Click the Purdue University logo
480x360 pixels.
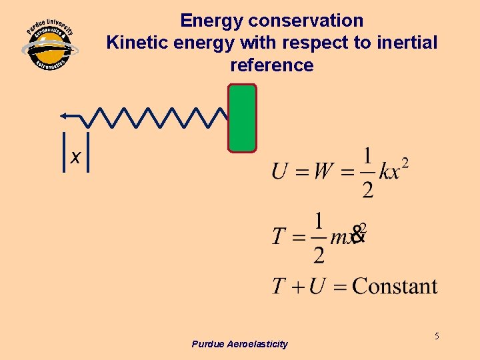(50, 47)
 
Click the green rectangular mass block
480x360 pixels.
(242, 119)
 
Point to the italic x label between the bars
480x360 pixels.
(75, 157)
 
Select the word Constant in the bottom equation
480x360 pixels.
(395, 287)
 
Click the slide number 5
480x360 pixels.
(437, 336)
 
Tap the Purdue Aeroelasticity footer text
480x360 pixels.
(239, 344)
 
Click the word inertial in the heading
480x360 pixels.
(407, 43)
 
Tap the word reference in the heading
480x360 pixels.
(271, 65)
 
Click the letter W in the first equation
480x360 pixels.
(323, 171)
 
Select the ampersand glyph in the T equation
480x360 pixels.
(358, 233)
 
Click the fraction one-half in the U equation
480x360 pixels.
(367, 173)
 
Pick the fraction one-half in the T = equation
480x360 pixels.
(319, 237)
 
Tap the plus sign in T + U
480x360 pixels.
(297, 287)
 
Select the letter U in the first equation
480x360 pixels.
(280, 171)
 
